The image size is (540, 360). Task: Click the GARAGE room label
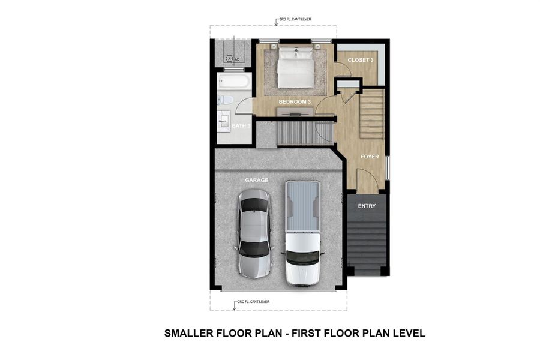pos(256,180)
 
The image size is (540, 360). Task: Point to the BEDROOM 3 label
pos(295,102)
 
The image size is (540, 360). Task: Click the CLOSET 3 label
pos(361,61)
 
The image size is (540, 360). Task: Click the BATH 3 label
pos(242,125)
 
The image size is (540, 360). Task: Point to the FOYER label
pos(370,157)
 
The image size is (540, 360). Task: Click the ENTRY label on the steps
pos(367,206)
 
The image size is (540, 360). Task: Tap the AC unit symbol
pos(229,59)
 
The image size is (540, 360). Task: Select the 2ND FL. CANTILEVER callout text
pos(252,301)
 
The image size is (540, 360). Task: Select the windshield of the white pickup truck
pos(302,258)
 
